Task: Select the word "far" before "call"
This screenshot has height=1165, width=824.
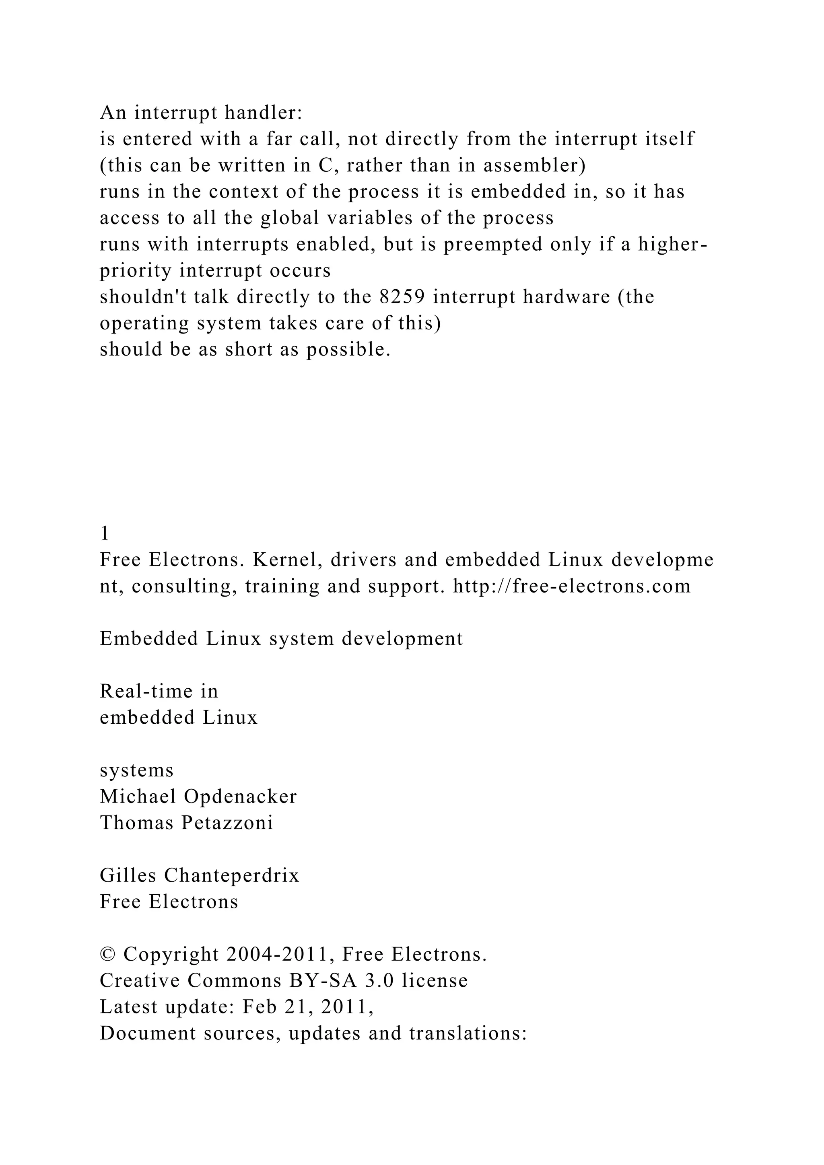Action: click(279, 138)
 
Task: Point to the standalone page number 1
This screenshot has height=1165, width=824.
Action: click(105, 533)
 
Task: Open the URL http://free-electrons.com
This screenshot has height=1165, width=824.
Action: click(572, 586)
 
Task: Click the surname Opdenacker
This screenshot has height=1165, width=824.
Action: click(241, 797)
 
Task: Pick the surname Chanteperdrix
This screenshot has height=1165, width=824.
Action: click(231, 876)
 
